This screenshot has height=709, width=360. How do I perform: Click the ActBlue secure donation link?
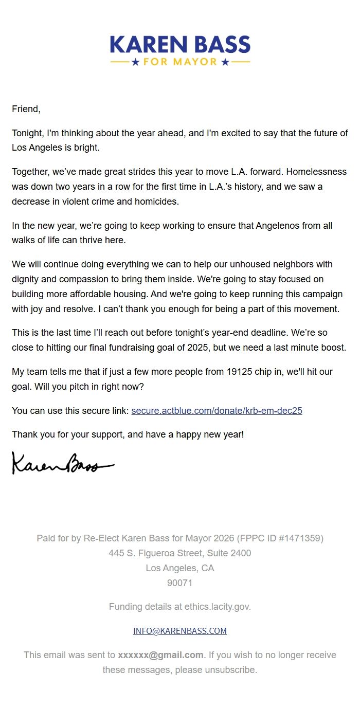pos(217,411)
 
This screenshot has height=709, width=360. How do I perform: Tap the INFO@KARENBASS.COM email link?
pos(179,631)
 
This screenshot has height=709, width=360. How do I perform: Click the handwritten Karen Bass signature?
pos(62,464)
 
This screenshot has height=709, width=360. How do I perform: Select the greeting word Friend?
pos(25,109)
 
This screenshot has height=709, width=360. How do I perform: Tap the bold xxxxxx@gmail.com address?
pos(160,655)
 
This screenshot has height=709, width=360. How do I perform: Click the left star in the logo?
pos(135,62)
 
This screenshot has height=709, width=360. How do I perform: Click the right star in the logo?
pos(225,62)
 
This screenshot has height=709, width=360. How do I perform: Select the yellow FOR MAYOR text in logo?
pos(180,62)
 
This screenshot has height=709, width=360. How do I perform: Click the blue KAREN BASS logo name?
pos(180,45)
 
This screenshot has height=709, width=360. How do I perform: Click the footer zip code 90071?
pos(179,583)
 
